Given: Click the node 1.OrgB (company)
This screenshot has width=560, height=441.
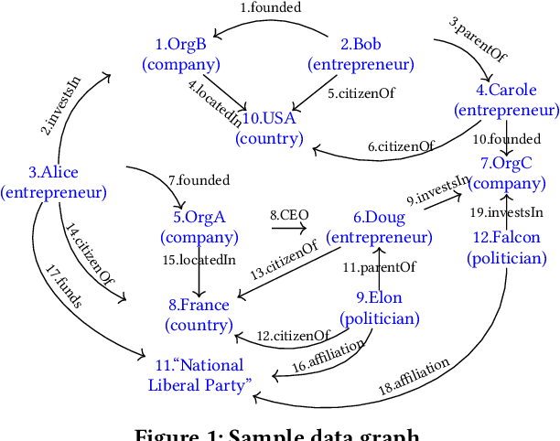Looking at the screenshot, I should tap(181, 54).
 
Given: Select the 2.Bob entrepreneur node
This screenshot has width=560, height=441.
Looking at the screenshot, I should tap(361, 54).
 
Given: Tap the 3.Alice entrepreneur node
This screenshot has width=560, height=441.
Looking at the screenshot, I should tap(53, 181).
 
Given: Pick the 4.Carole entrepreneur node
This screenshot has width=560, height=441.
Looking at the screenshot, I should tap(506, 100).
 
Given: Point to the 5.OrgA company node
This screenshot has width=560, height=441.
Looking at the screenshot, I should tap(199, 227).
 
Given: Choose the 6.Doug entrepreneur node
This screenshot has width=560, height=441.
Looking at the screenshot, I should tap(379, 227).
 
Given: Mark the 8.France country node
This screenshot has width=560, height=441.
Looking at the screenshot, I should tap(199, 315).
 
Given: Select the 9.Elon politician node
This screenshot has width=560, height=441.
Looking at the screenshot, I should tap(380, 307).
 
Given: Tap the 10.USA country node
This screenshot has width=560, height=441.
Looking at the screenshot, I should tap(269, 128).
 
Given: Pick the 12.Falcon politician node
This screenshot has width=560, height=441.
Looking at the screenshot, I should tap(506, 247).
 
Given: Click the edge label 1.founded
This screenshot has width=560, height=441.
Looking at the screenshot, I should tap(270, 7).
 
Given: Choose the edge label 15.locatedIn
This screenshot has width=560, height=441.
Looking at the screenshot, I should tap(199, 260).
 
